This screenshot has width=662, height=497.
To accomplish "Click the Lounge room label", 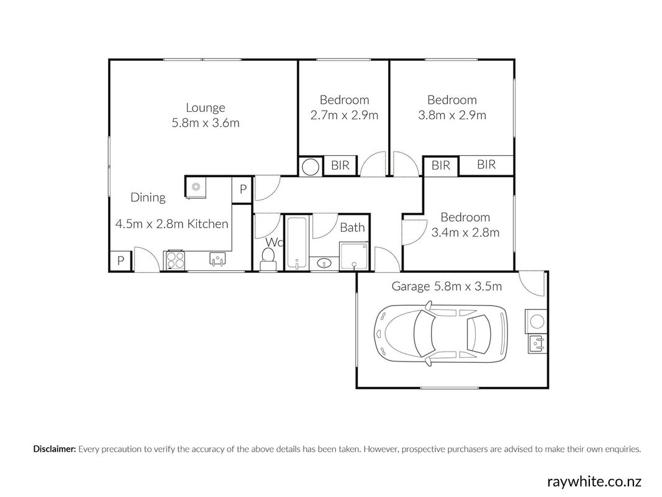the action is click(205, 108).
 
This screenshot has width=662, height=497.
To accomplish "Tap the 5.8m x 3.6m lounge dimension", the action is click(205, 123).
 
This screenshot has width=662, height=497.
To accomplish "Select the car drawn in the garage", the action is click(441, 334).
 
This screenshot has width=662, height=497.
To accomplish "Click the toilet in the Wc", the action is click(268, 258).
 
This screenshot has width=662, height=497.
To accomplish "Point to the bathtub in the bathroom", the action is click(297, 242).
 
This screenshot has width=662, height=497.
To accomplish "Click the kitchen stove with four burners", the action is click(176, 260).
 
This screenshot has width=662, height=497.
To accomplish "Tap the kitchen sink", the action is click(218, 259).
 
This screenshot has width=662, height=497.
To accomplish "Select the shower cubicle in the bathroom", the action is click(354, 256).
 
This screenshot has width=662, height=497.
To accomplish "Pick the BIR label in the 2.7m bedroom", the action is click(340, 165).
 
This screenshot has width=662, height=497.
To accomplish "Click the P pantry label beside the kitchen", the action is click(243, 189).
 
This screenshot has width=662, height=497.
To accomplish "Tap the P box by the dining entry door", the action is click(120, 261).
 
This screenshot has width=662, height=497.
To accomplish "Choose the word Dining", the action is click(148, 198).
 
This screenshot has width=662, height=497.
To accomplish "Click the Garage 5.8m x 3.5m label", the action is click(447, 286).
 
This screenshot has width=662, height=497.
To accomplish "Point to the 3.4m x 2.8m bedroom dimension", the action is click(465, 233).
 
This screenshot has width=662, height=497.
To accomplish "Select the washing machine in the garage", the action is click(536, 321).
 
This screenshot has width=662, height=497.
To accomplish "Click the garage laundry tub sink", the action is click(537, 344).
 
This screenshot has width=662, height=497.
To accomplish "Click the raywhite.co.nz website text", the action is click(594, 481).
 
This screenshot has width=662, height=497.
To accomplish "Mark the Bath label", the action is click(352, 227).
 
